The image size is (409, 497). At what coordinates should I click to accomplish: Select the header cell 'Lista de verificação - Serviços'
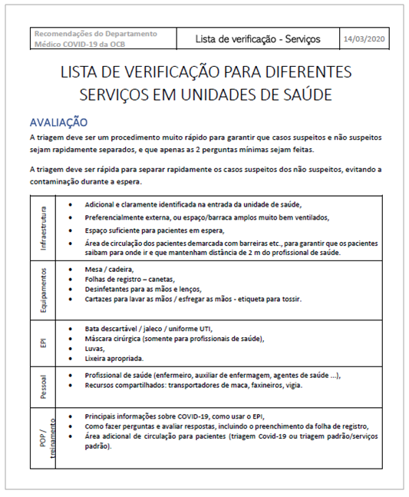[258, 38]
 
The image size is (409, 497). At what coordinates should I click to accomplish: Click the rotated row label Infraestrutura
[44, 228]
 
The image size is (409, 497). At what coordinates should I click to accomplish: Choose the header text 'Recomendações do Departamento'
[96, 34]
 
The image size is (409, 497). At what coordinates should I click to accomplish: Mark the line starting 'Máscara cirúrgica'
[175, 339]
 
